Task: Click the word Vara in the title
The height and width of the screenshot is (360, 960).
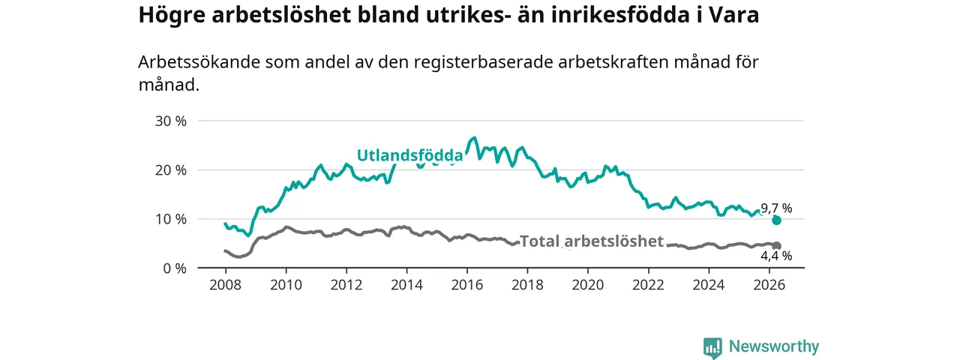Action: pos(733,15)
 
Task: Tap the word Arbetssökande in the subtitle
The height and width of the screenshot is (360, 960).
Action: pos(199,62)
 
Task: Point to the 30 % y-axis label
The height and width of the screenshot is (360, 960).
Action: pos(171,121)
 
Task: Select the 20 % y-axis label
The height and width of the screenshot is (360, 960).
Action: pos(171,170)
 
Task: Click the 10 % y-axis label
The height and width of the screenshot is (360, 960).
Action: pos(171,220)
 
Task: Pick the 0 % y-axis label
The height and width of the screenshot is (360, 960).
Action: pos(175,268)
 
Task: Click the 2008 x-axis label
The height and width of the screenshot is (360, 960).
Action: pos(226,285)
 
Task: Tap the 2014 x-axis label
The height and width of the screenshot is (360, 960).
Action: pos(406,285)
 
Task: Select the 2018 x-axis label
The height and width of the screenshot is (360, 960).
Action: pos(527,285)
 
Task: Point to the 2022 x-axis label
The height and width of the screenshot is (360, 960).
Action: pos(649,285)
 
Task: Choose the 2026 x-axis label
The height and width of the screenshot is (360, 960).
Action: pos(769,285)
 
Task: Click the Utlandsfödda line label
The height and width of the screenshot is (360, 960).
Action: pos(410,155)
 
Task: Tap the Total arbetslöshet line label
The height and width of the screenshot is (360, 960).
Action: pos(592,241)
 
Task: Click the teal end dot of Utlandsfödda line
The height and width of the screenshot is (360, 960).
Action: pos(776,220)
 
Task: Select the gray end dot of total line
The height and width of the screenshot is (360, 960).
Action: pos(776,245)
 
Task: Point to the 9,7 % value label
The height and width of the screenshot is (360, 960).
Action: pos(776,208)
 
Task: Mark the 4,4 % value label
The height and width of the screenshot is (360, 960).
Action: pos(776,256)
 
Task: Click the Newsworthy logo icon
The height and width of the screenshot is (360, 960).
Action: pos(712,347)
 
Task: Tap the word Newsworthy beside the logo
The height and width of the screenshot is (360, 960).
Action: pos(774,346)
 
